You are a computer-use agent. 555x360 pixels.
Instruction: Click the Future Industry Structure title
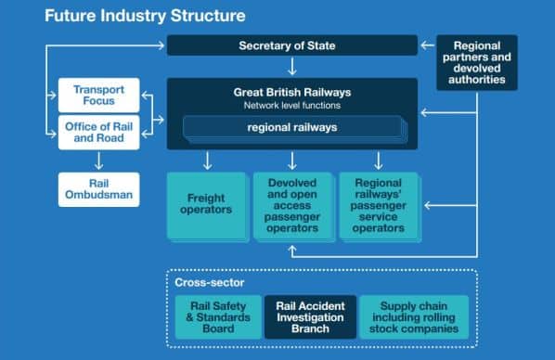pyautogui.click(x=145, y=16)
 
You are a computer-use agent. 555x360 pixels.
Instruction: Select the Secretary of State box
pyautogui.click(x=292, y=45)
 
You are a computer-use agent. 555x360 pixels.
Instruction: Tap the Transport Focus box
pyautogui.click(x=98, y=96)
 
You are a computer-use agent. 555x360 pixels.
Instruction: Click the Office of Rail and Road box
pyautogui.click(x=98, y=133)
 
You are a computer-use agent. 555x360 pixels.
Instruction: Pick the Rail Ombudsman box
pyautogui.click(x=98, y=189)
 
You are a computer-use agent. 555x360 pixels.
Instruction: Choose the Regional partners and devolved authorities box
pyautogui.click(x=477, y=63)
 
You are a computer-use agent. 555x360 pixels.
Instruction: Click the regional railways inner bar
pyautogui.click(x=293, y=128)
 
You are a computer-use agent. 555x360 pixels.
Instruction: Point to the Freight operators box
pyautogui.click(x=207, y=207)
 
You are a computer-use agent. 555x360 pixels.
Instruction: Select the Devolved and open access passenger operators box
pyautogui.click(x=293, y=207)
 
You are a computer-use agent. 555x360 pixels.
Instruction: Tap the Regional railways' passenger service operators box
pyautogui.click(x=380, y=207)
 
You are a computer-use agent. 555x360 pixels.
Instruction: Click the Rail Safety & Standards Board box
pyautogui.click(x=218, y=317)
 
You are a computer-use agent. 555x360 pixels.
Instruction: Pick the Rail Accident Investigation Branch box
pyautogui.click(x=310, y=317)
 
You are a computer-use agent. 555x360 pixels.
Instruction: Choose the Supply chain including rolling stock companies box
pyautogui.click(x=414, y=317)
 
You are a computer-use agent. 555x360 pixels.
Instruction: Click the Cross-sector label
pyautogui.click(x=210, y=282)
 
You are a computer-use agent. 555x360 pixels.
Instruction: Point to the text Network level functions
pyautogui.click(x=292, y=106)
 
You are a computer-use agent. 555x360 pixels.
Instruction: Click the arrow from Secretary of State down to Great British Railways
pyautogui.click(x=292, y=67)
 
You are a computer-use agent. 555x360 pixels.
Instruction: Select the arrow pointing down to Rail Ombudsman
pyautogui.click(x=98, y=161)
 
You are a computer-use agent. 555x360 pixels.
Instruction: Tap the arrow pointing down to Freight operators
pyautogui.click(x=207, y=161)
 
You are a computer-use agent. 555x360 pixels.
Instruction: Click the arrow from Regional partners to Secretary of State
pyautogui.click(x=428, y=45)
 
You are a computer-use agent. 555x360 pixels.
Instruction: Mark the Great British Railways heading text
pyautogui.click(x=292, y=93)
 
